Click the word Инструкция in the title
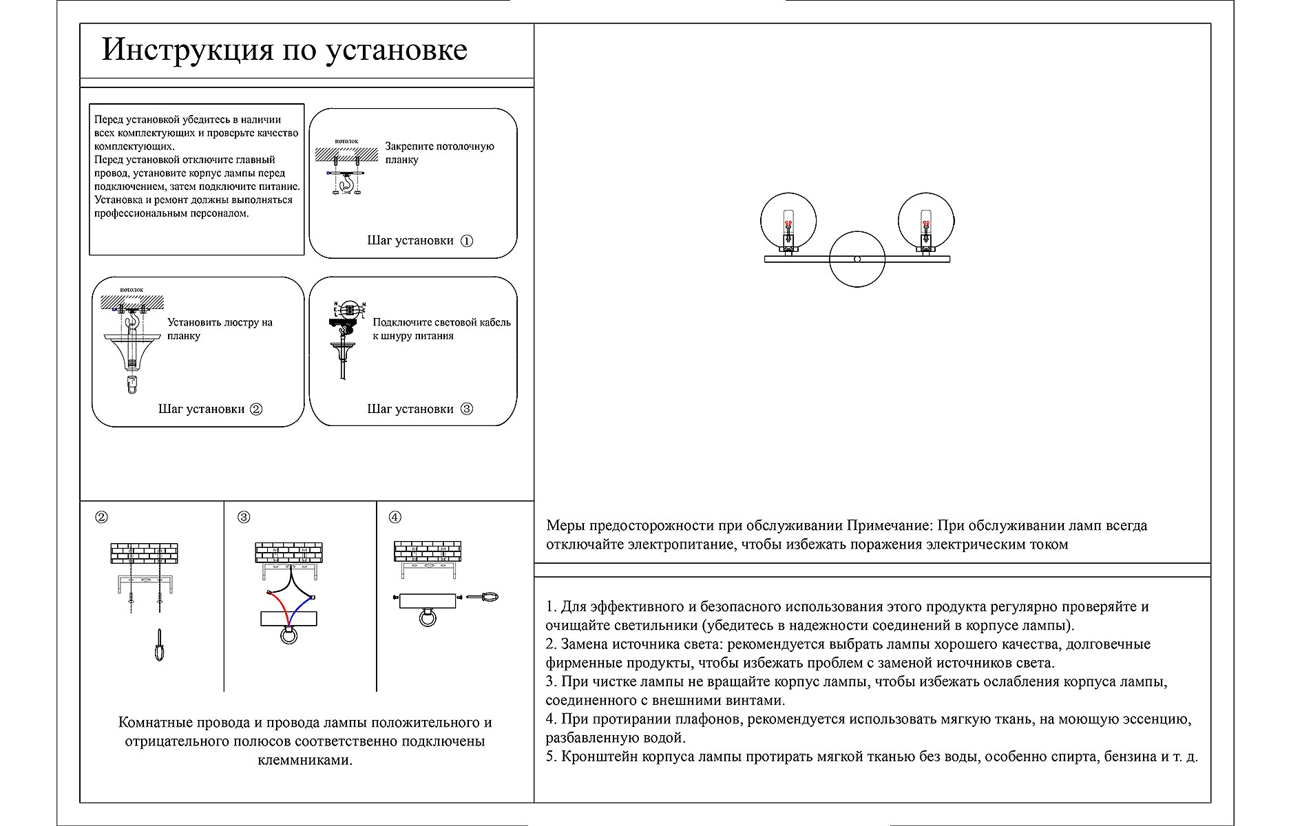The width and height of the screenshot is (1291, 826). pyautogui.click(x=188, y=50)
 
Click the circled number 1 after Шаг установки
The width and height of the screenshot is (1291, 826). pyautogui.click(x=467, y=241)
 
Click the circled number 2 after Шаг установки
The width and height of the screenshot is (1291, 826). pyautogui.click(x=255, y=409)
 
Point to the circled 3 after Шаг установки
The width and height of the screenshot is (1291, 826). pyautogui.click(x=467, y=409)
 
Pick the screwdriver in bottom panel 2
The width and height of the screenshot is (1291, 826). pyautogui.click(x=160, y=645)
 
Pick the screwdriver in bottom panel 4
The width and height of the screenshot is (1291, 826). pyautogui.click(x=482, y=597)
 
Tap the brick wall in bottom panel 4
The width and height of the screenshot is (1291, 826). pyautogui.click(x=428, y=551)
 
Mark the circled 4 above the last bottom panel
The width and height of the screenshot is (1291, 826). pyautogui.click(x=395, y=517)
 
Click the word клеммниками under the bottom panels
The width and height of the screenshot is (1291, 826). pyautogui.click(x=304, y=760)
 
